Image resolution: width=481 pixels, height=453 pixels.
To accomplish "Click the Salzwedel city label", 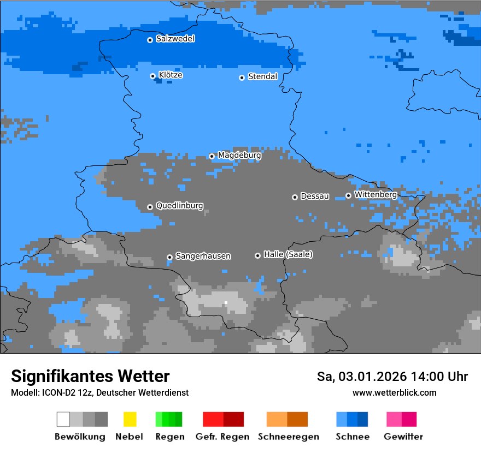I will point(175,39).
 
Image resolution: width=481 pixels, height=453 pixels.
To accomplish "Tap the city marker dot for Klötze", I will point(153,76).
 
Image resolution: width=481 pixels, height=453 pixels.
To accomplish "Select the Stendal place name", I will point(262,77).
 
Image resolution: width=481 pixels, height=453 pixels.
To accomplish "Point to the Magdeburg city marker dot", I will point(212,156).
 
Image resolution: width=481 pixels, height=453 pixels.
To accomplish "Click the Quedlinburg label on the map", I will point(179,206).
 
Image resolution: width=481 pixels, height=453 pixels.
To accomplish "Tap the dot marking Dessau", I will point(295,197).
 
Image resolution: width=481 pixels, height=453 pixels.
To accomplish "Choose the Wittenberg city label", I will point(376,195).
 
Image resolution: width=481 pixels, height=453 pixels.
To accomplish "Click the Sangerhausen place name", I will point(203,256).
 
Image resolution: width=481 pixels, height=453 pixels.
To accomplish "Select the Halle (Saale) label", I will point(288,255).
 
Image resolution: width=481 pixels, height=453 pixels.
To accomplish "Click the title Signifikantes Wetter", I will point(90,376).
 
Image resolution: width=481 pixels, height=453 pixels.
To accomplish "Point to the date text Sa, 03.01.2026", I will point(361,377).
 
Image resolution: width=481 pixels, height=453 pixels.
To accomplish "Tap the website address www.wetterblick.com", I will point(394,392).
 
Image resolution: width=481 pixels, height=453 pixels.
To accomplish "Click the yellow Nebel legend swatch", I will point(130,419).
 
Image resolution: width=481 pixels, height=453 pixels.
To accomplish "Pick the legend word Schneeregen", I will point(288,437).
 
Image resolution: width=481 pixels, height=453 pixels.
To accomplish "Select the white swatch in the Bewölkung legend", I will point(63,419).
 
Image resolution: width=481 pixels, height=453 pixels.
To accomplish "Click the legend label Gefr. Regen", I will point(222,437).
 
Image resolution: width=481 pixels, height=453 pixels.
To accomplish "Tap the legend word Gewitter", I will point(403,437).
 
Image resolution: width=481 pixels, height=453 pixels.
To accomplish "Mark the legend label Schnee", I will point(353,437).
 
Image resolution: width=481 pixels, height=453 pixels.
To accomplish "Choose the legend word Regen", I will point(169,437).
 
